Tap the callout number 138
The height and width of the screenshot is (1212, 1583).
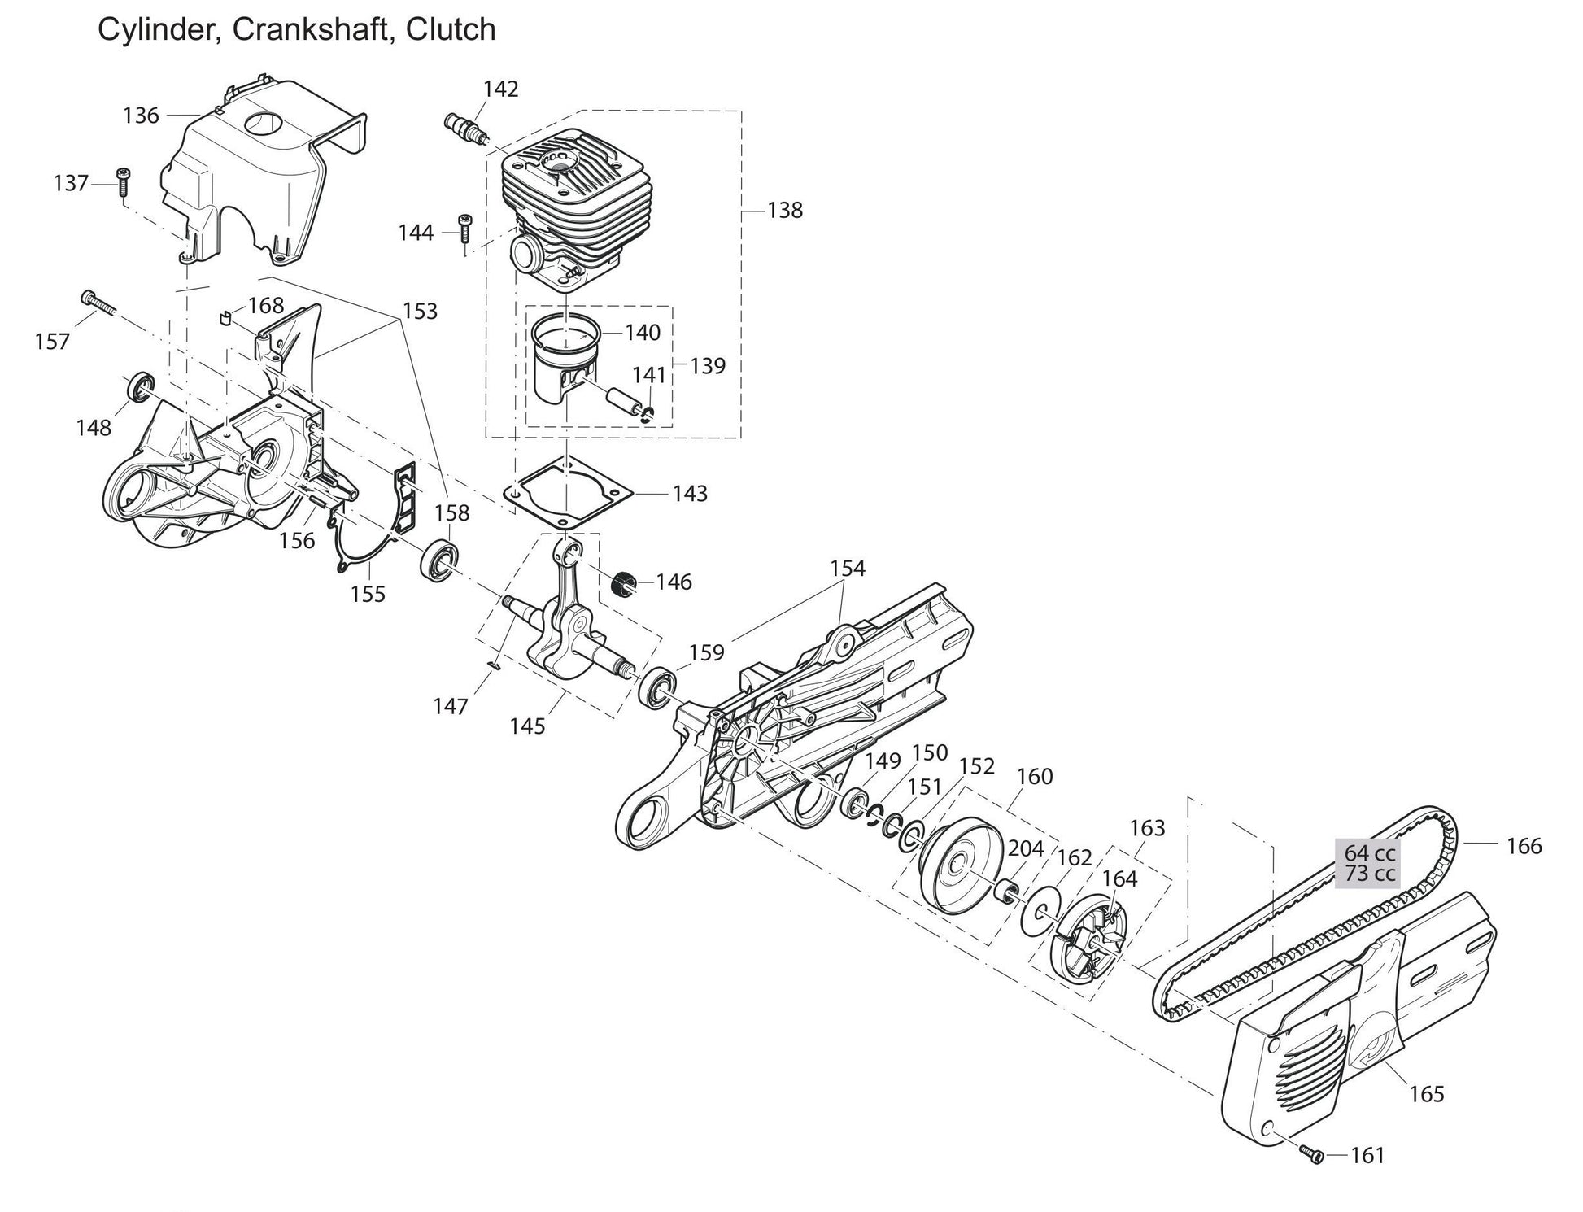point(785,211)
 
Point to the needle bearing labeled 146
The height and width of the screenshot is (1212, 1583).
point(624,583)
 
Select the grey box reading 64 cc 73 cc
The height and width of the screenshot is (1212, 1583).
point(1370,863)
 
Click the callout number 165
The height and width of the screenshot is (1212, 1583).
point(1426,1094)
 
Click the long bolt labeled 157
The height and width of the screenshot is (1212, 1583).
point(98,303)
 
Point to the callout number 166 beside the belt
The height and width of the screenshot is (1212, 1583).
point(1524,846)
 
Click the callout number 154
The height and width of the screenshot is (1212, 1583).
point(848,568)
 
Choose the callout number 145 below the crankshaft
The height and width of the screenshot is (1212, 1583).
point(527,726)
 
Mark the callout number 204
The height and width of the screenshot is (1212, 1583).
point(1025,848)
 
